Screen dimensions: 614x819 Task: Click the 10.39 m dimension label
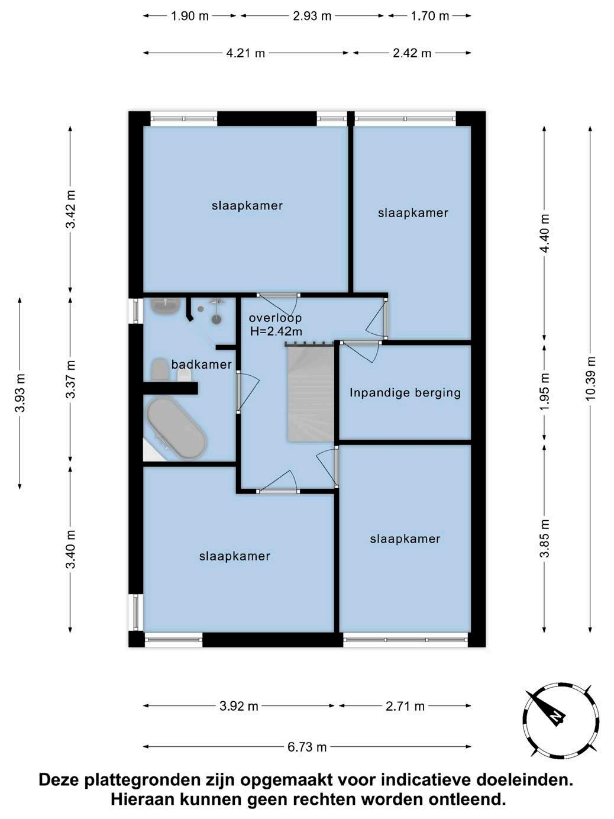click(590, 379)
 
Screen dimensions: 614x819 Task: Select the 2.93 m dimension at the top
click(312, 16)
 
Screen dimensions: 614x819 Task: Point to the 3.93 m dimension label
click(20, 393)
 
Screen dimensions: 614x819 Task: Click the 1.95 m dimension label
click(545, 392)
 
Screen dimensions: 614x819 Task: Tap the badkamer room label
click(202, 365)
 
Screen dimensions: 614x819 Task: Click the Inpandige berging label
click(405, 393)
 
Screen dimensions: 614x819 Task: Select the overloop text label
click(276, 318)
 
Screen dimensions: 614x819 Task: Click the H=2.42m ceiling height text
click(276, 331)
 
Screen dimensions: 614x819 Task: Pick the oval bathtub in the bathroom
click(176, 428)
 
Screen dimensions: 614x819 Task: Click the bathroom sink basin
click(166, 307)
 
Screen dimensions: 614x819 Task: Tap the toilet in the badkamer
click(160, 370)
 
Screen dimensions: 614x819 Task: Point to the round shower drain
click(216, 320)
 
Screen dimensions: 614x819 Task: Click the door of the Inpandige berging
click(361, 351)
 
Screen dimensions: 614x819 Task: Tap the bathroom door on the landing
click(247, 392)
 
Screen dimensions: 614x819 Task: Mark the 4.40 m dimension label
click(545, 234)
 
